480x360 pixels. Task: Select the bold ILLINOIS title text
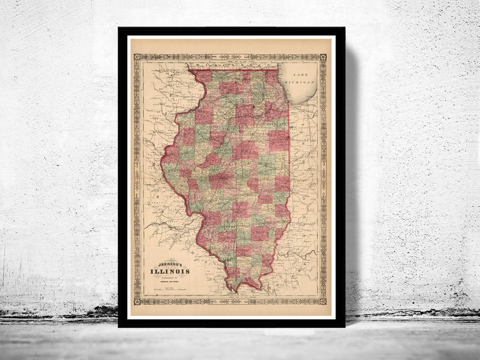pyautogui.click(x=170, y=271)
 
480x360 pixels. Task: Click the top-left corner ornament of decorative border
pyautogui.click(x=137, y=57)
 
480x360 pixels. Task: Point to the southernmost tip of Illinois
pyautogui.click(x=236, y=292)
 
